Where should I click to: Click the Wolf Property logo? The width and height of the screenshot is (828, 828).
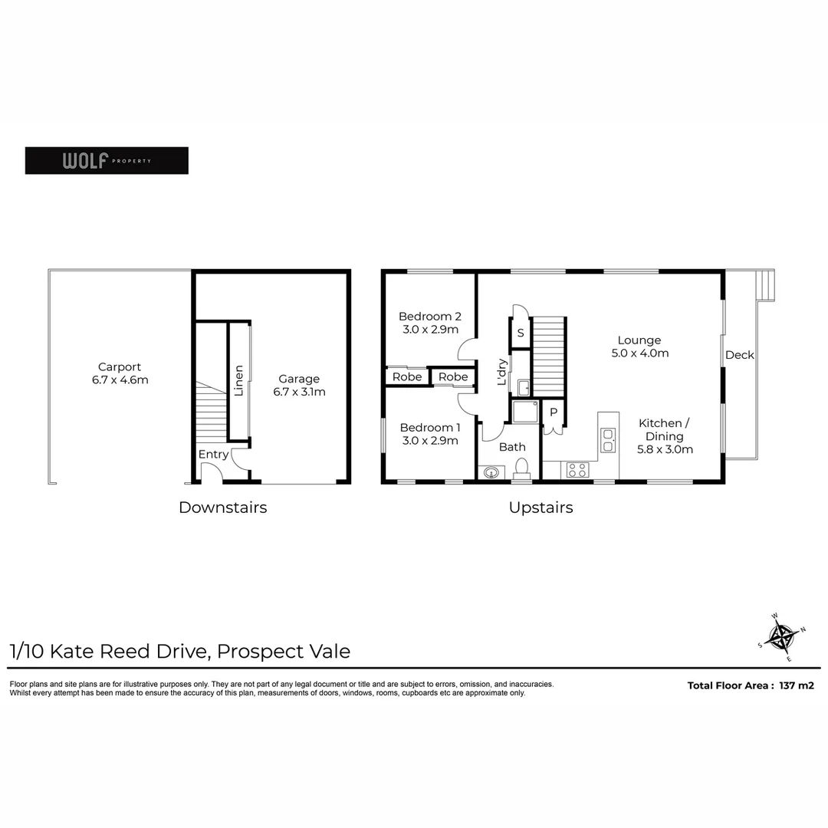107,160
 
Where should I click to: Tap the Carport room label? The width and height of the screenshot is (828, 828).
119,373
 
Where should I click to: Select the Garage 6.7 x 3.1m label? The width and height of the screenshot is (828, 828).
299,386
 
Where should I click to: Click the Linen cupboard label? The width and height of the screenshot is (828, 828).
238,380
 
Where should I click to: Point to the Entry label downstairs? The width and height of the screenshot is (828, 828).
213,455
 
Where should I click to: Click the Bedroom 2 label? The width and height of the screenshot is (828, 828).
429,323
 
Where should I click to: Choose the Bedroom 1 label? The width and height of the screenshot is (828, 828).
429,434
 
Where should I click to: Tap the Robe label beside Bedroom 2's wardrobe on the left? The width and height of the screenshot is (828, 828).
407,377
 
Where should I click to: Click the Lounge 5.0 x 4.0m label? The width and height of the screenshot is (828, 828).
639,347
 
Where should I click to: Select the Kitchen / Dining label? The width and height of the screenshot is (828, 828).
665,435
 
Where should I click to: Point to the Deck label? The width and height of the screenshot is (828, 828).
740,355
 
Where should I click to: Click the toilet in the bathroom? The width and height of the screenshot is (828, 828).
522,468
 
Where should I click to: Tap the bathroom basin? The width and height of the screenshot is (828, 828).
491,472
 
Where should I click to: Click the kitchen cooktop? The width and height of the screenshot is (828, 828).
577,470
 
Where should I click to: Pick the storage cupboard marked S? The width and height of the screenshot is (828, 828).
521,333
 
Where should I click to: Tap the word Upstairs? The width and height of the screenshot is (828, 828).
540,508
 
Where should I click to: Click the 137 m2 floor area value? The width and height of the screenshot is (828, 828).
797,685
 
